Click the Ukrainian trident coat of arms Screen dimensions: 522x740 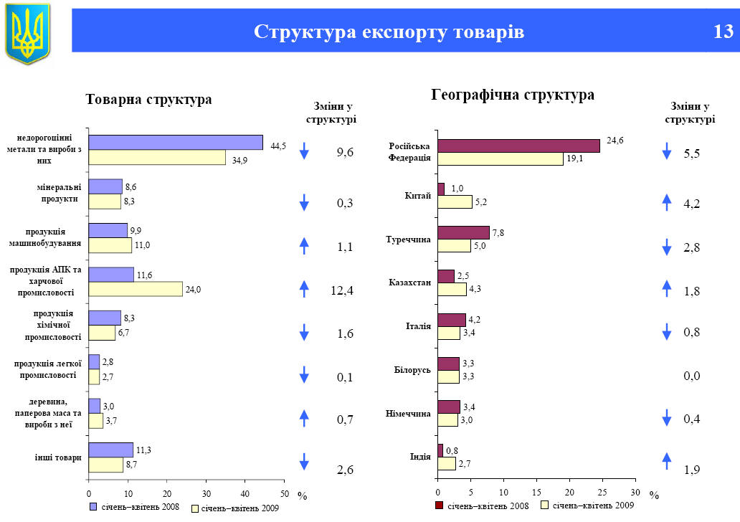[28, 32]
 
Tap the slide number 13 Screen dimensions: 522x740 [723, 32]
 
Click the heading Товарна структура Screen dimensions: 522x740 [148, 100]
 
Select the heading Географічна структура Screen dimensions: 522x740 [512, 95]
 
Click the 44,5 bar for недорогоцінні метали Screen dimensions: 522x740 [176, 142]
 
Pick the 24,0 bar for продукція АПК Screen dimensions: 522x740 [136, 289]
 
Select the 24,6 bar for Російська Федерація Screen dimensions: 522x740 [518, 146]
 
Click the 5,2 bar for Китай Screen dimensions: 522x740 [455, 202]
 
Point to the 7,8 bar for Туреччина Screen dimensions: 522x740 [463, 232]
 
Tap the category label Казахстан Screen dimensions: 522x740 [409, 283]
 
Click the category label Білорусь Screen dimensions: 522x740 [412, 370]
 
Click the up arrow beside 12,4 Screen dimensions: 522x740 [304, 288]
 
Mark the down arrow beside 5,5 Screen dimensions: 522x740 [667, 151]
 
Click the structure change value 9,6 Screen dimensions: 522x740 [345, 152]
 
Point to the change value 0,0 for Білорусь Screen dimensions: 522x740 [691, 376]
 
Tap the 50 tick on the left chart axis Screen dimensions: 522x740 [284, 493]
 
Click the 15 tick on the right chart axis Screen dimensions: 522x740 [536, 493]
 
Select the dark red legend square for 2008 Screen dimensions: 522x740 [439, 506]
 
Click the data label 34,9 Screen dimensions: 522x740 [240, 160]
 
